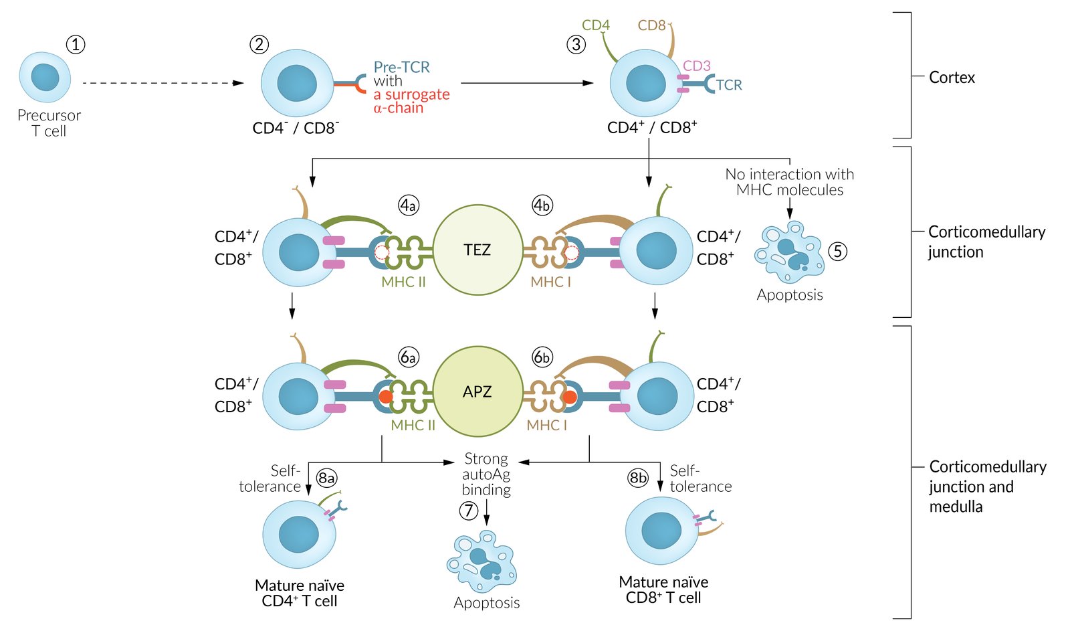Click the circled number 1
click(76, 45)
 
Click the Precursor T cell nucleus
click(45, 78)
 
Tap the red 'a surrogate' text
click(411, 94)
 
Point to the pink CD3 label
click(696, 66)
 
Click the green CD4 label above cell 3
click(595, 25)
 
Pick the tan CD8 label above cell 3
click(651, 25)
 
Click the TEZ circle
click(477, 250)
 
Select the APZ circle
click(477, 391)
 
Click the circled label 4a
click(408, 205)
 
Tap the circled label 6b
click(542, 357)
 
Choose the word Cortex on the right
click(952, 78)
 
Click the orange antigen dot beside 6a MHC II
click(386, 397)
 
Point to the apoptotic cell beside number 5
click(789, 252)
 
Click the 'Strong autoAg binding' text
click(486, 474)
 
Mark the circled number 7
click(469, 511)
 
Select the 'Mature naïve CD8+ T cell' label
click(663, 590)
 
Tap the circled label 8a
click(326, 478)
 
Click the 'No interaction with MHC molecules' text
click(790, 182)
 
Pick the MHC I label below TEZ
click(550, 282)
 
